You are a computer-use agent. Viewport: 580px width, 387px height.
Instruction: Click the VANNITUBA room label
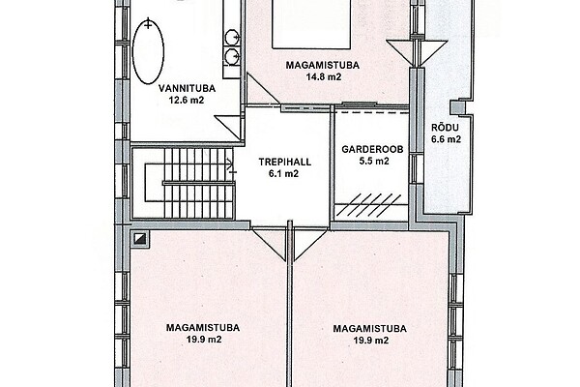[187, 89]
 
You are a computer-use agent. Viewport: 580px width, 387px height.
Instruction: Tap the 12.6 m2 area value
[187, 101]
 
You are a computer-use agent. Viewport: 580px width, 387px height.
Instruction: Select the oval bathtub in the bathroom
[148, 51]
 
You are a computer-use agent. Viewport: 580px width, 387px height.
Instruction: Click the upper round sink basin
[232, 37]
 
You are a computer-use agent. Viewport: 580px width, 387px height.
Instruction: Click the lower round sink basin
[232, 55]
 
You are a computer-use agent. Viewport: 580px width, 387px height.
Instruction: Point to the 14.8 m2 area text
[323, 77]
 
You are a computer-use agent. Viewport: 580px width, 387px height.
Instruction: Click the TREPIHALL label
[285, 162]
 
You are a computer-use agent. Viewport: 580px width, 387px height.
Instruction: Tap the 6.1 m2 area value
[283, 174]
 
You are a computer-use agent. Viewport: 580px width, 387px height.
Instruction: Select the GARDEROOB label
[372, 149]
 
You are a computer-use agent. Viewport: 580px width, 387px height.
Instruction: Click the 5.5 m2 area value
[374, 162]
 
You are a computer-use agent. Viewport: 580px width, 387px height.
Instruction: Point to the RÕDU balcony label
[445, 128]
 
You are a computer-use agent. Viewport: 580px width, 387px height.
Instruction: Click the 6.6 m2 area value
[446, 139]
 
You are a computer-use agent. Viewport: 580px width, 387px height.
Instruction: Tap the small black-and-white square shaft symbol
[140, 238]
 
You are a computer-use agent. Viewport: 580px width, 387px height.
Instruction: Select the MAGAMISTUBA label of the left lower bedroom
[203, 328]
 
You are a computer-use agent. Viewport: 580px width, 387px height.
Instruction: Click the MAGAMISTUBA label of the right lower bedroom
[369, 329]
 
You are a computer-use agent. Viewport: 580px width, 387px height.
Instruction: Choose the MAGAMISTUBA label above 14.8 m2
[323, 65]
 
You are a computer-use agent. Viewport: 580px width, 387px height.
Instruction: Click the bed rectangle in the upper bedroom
[311, 24]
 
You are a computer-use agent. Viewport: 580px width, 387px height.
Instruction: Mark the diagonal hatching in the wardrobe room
[370, 204]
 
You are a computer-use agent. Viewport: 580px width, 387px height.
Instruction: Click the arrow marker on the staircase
[232, 165]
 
